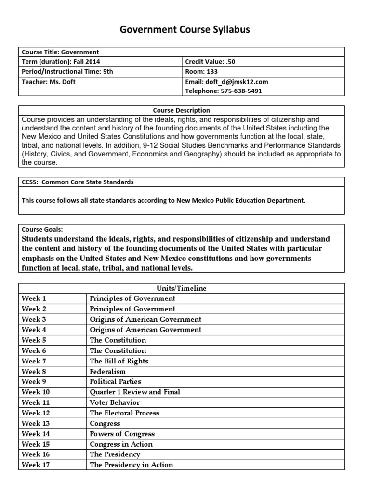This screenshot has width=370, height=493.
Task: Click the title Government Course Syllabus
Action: coord(185,30)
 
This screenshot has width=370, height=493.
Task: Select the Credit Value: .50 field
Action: coord(210,62)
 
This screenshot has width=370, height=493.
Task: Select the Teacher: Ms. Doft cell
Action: coord(49,82)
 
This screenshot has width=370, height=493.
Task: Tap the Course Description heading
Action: coord(182,110)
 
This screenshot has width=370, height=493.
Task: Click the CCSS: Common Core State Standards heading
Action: coord(78,182)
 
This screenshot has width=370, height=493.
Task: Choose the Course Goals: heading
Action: coord(42,229)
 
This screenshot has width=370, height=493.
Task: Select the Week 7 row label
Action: coord(34,361)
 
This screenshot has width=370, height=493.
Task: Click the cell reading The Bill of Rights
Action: coord(119,361)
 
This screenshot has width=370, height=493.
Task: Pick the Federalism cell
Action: coord(107,372)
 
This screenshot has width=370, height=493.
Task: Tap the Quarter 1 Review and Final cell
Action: coord(135,392)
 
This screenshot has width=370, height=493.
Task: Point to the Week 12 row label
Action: coord(36,413)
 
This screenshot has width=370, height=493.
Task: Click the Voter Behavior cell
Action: coord(115,402)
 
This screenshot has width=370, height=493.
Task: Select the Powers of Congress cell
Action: coord(122,434)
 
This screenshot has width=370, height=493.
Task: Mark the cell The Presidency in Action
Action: coord(131,465)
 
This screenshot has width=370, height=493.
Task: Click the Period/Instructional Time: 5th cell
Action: coord(67,72)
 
